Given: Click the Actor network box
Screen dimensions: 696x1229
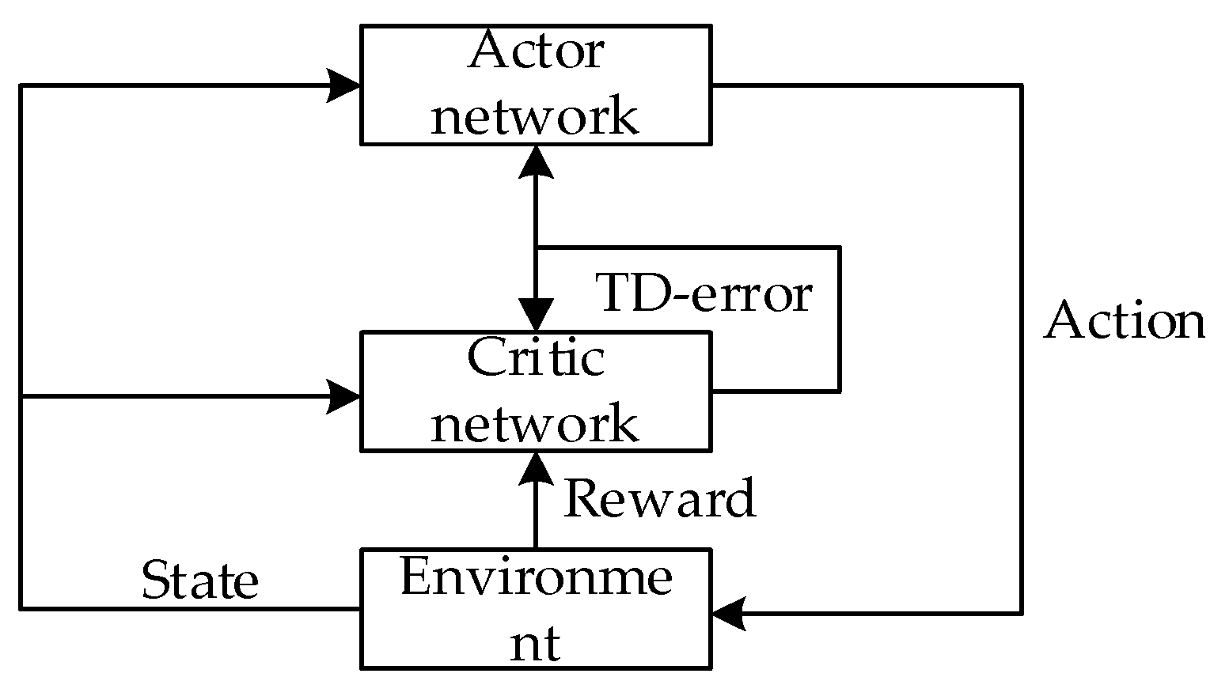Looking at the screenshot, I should tap(536, 85).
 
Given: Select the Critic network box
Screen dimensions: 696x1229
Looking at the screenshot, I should tap(536, 391).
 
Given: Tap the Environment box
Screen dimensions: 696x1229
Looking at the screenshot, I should tap(536, 609).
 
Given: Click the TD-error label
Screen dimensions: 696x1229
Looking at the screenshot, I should tap(704, 293).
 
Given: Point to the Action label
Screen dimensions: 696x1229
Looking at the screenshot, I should tap(1125, 321).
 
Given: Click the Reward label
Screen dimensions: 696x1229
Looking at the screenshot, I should tap(659, 499).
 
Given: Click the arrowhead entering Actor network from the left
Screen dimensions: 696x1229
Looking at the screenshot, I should tap(345, 85).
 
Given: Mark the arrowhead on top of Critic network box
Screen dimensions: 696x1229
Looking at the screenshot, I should tap(536, 316).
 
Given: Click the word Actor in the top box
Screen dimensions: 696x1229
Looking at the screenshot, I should tap(536, 52).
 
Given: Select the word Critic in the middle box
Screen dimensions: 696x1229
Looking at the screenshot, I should tap(536, 358).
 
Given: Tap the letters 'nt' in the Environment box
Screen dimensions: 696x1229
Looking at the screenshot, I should tap(536, 644).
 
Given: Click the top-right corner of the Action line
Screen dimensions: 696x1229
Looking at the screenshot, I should tap(1022, 85).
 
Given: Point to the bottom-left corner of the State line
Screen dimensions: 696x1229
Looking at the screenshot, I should tap(21, 608).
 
